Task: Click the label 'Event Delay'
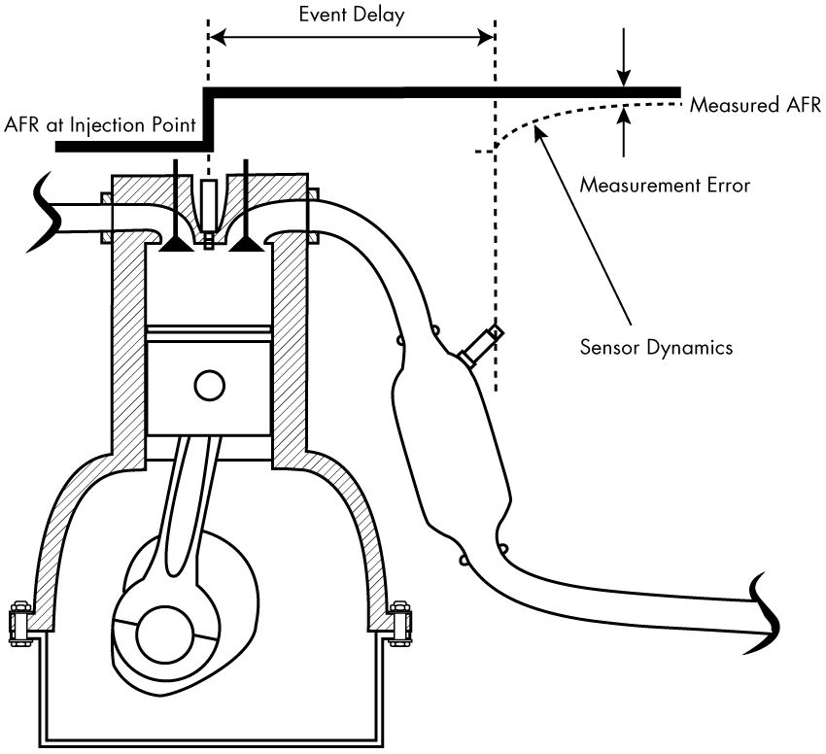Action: pyautogui.click(x=351, y=15)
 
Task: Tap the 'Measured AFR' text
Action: pyautogui.click(x=755, y=104)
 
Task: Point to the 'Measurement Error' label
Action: pyautogui.click(x=664, y=184)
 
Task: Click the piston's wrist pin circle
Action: pyautogui.click(x=209, y=385)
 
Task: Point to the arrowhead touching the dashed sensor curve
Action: pyautogui.click(x=537, y=139)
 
